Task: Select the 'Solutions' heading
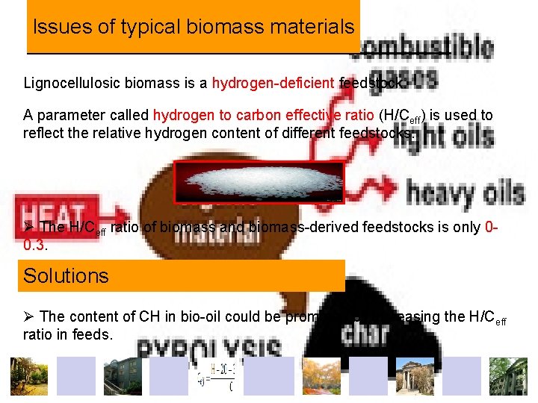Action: (x=66, y=276)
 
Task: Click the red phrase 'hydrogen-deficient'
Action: (x=273, y=83)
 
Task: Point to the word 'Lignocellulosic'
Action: (x=66, y=83)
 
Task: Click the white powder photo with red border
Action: (x=259, y=182)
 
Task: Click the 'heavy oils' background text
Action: (x=465, y=194)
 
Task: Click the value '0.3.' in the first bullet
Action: (x=34, y=245)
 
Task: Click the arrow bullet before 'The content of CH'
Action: (x=29, y=316)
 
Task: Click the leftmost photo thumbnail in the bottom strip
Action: (x=28, y=376)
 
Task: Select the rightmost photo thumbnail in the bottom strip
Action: (x=508, y=376)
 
